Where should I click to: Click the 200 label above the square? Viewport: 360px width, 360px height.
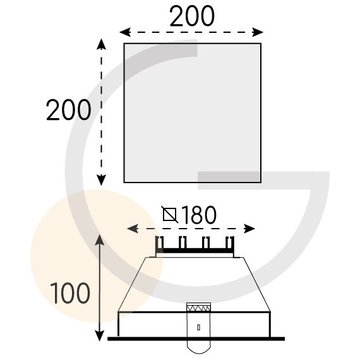[x=192, y=16]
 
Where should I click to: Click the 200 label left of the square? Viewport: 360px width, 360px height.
[x=69, y=110]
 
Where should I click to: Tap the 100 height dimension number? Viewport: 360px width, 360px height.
[x=70, y=293]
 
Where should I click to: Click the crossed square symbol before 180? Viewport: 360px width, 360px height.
[x=170, y=215]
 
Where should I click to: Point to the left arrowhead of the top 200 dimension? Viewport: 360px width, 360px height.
[x=125, y=32]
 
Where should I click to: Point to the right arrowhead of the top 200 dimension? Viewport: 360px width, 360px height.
[x=258, y=32]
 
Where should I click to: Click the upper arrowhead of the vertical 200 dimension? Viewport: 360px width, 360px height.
[x=101, y=44]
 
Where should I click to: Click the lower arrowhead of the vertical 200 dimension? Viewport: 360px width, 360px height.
[x=101, y=180]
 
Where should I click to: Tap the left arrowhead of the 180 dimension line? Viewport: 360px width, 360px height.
[x=133, y=229]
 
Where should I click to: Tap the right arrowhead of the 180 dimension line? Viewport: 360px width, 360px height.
[x=249, y=229]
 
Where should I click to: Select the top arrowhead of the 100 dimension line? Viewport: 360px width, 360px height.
[x=100, y=240]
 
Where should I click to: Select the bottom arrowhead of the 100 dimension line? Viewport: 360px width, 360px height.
[x=99, y=335]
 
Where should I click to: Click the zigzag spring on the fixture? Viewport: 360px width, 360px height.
[x=198, y=308]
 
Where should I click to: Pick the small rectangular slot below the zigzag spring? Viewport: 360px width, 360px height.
[x=198, y=327]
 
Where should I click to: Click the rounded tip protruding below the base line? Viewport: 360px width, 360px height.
[x=199, y=347]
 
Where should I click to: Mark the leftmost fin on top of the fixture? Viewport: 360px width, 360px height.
[x=160, y=243]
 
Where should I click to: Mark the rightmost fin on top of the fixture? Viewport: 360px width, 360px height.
[x=230, y=243]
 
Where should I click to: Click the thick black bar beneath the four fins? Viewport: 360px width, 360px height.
[x=195, y=251]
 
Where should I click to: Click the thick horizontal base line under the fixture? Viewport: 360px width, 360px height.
[x=196, y=339]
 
